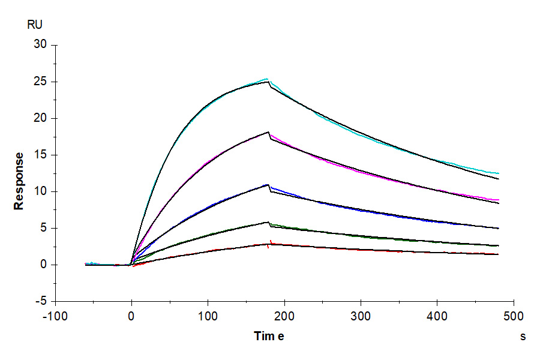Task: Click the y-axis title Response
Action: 19,181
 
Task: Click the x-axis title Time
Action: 268,336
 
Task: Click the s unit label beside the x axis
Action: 523,337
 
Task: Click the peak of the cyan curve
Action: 267,79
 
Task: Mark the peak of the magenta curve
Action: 268,132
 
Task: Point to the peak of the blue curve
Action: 268,184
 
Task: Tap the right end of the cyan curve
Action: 499,173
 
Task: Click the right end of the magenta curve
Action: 499,200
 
